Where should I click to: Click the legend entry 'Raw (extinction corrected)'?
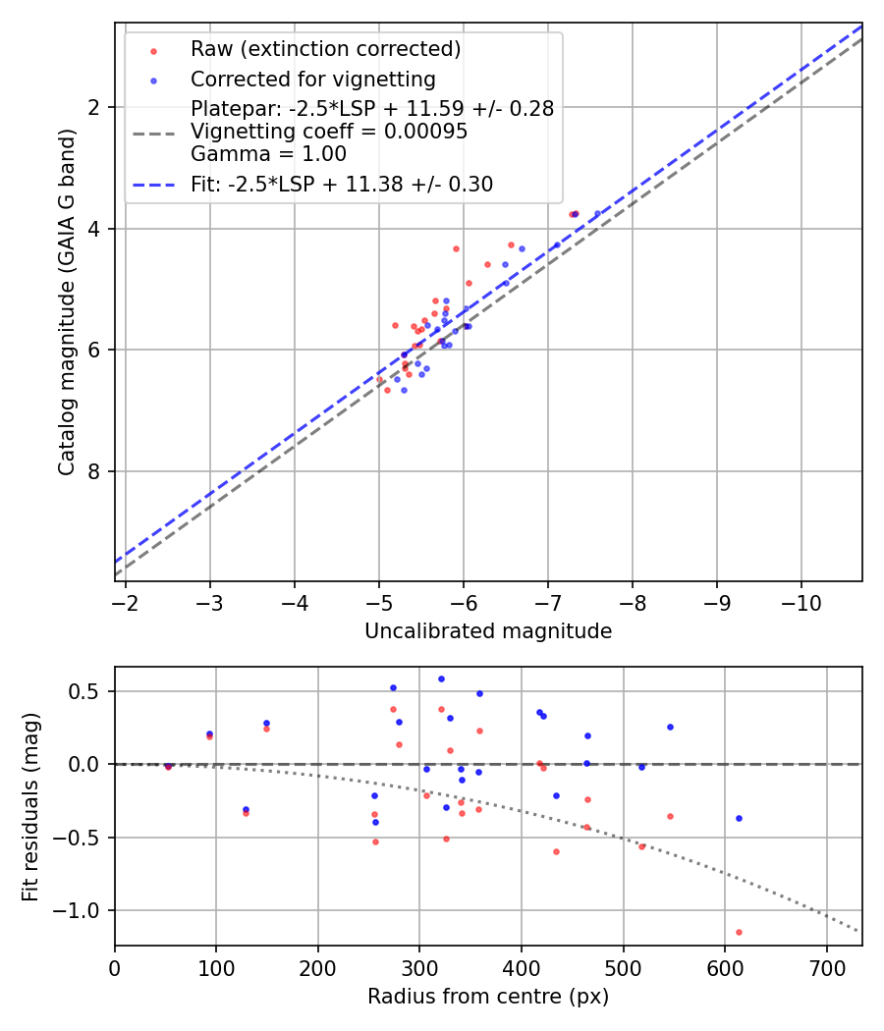[325, 49]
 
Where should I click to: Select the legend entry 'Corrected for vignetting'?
[313, 80]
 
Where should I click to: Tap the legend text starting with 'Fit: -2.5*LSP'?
[342, 184]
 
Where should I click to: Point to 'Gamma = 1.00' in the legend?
[268, 154]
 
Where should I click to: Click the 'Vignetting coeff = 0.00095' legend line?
[329, 132]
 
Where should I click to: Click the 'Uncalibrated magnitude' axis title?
[488, 631]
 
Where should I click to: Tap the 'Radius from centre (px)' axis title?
[488, 997]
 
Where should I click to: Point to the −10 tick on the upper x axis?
[800, 600]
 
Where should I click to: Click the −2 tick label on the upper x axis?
[126, 600]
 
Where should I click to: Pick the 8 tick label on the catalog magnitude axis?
[95, 471]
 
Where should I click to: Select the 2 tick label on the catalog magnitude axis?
[95, 107]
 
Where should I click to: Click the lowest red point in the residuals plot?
[739, 932]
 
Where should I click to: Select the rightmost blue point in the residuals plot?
[739, 818]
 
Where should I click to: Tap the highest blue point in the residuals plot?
[441, 678]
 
